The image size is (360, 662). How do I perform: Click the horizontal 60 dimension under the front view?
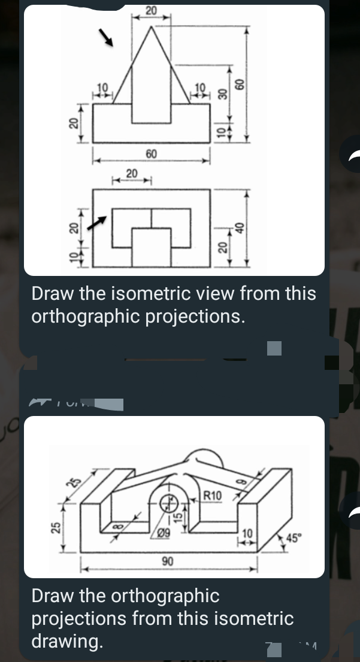point(151,154)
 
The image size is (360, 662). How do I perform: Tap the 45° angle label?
point(294,536)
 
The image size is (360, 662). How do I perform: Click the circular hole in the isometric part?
point(164,502)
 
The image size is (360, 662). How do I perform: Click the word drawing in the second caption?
point(66,640)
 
